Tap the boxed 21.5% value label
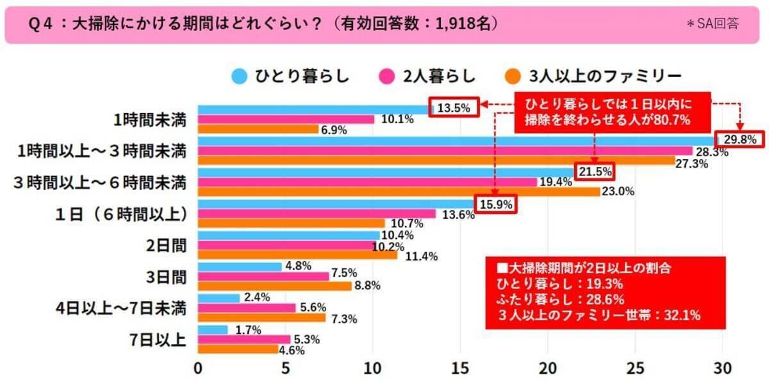tap(595, 171)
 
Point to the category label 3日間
tap(167, 277)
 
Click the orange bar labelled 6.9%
tap(258, 129)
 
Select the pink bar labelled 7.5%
tap(263, 276)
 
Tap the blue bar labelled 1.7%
tap(213, 330)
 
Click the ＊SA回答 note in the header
tap(712, 24)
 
